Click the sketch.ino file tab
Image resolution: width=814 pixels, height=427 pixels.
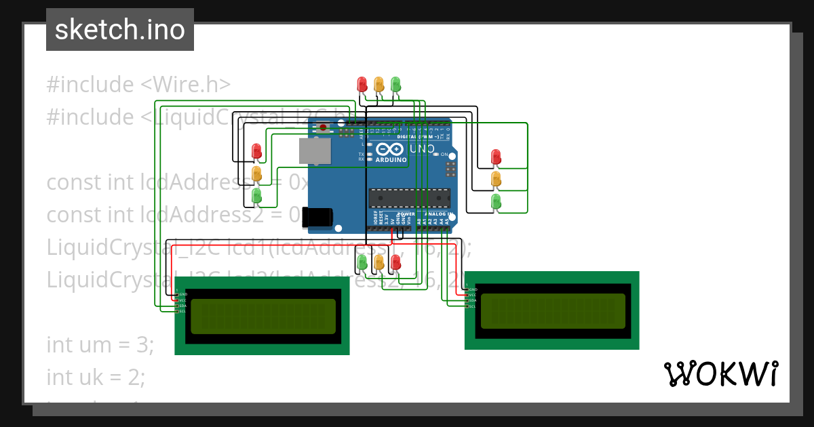(120, 30)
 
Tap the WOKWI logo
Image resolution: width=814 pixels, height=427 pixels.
(720, 373)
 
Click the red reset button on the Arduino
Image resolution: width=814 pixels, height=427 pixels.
(324, 127)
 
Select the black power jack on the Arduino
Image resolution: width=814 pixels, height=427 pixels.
(317, 217)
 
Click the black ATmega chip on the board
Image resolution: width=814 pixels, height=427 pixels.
(409, 198)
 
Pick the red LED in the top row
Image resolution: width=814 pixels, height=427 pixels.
(362, 84)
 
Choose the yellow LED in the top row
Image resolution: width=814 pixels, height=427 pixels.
(379, 84)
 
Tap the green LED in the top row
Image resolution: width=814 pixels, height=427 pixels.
(396, 84)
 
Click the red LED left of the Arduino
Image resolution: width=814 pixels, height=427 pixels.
(256, 150)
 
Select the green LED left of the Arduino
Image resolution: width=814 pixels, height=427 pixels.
(256, 196)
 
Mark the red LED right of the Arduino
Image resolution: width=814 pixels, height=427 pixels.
(496, 157)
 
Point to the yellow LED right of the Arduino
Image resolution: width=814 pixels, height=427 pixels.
(496, 179)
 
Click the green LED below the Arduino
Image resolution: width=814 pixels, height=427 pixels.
(362, 262)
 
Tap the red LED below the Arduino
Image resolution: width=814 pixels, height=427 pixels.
(396, 262)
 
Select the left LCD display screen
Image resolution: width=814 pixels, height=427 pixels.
(263, 316)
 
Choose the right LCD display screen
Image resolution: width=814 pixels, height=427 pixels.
(553, 310)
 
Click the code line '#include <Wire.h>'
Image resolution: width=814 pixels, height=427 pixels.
(139, 85)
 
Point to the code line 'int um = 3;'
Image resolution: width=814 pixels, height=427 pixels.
(100, 344)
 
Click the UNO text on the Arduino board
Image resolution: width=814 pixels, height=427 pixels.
(423, 148)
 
